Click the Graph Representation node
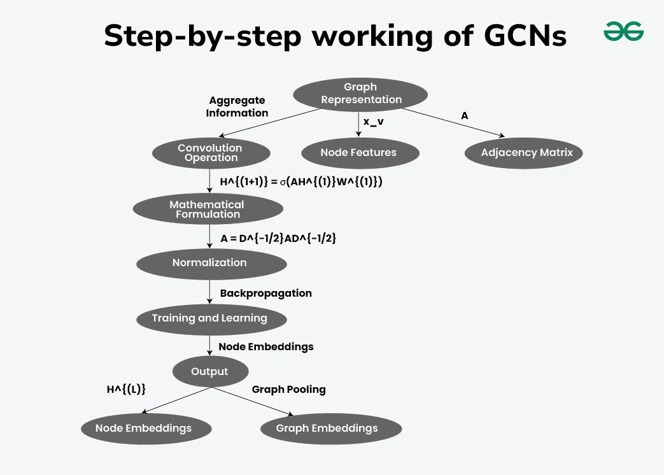(x=360, y=94)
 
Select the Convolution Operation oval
(x=211, y=153)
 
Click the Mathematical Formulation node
(x=208, y=209)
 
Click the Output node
(x=209, y=372)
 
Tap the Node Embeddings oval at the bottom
(x=144, y=429)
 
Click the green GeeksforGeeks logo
(x=623, y=32)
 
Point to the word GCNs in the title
(x=525, y=36)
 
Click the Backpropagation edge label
(x=266, y=294)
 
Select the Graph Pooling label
(x=289, y=390)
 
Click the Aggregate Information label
(x=237, y=107)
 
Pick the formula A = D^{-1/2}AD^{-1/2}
(x=278, y=238)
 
